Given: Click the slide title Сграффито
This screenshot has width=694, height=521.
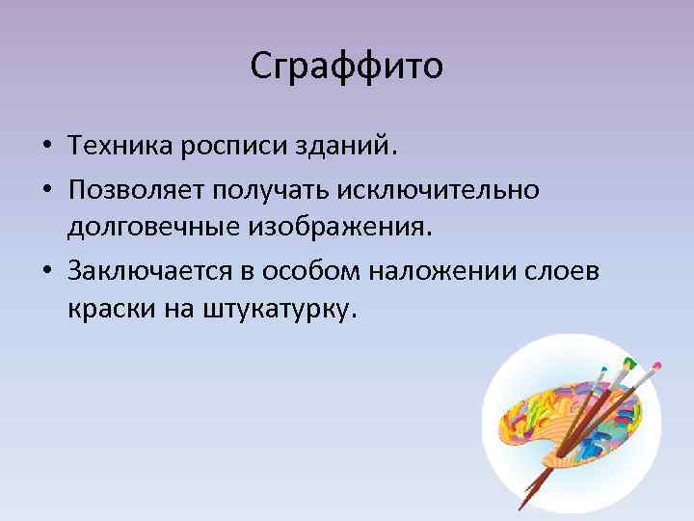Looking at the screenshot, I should [x=346, y=67].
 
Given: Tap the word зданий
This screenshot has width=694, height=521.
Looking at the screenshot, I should [x=355, y=147].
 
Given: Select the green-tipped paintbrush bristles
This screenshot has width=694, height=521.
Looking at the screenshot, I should [x=630, y=362].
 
